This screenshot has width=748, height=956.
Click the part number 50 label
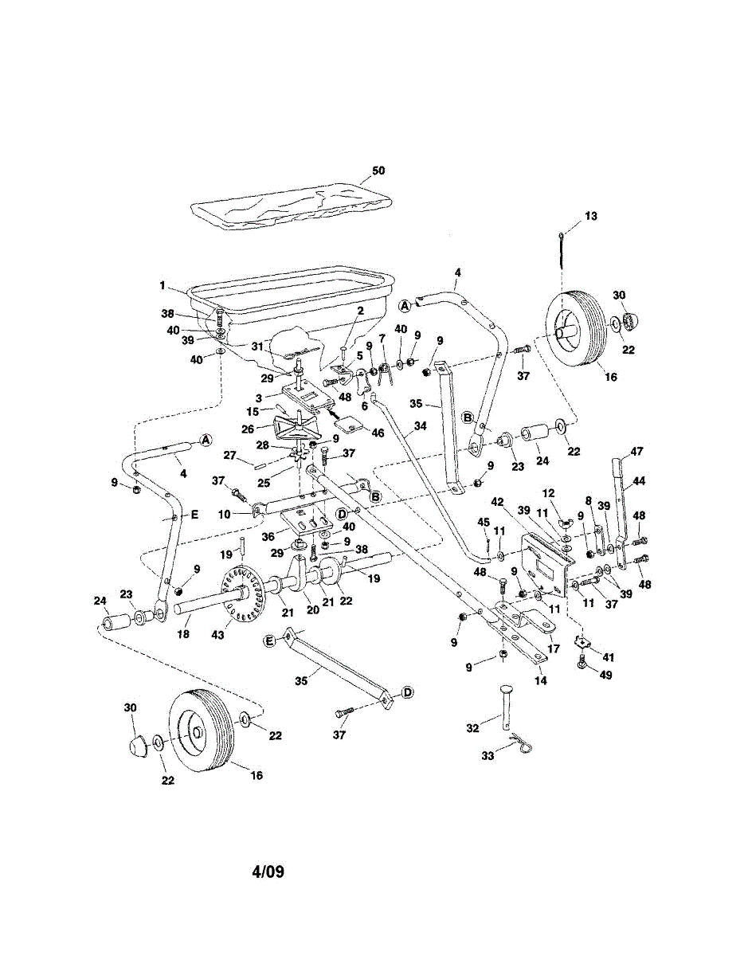[x=378, y=171]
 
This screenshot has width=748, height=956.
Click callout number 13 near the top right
[x=590, y=216]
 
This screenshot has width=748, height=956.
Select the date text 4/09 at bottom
[x=268, y=872]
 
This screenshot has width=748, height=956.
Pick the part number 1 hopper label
[x=162, y=285]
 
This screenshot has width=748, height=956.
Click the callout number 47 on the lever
[x=636, y=451]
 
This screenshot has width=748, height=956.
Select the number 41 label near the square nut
[x=609, y=657]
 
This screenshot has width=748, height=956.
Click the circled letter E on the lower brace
[x=270, y=640]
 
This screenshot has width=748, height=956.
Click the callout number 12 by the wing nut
[x=549, y=494]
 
